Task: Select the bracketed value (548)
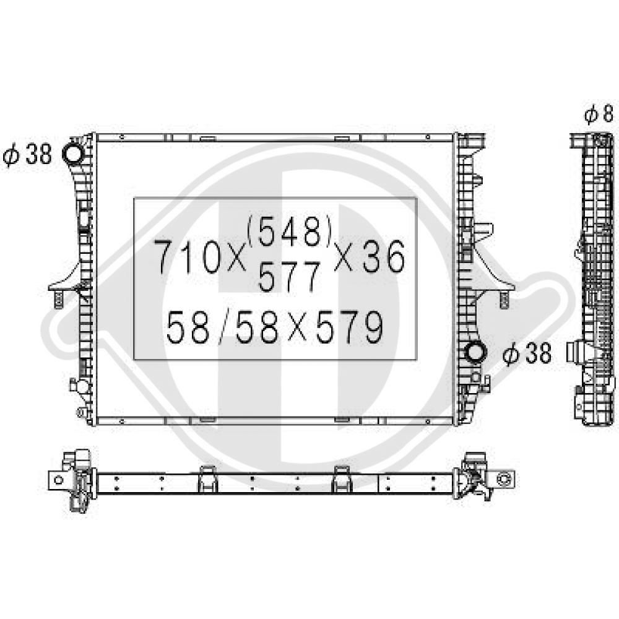(x=289, y=232)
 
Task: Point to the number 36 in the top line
(x=384, y=257)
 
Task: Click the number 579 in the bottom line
(x=349, y=327)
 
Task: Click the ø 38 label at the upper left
(x=27, y=154)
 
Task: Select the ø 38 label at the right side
(x=527, y=353)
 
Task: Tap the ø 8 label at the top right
(x=599, y=115)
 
